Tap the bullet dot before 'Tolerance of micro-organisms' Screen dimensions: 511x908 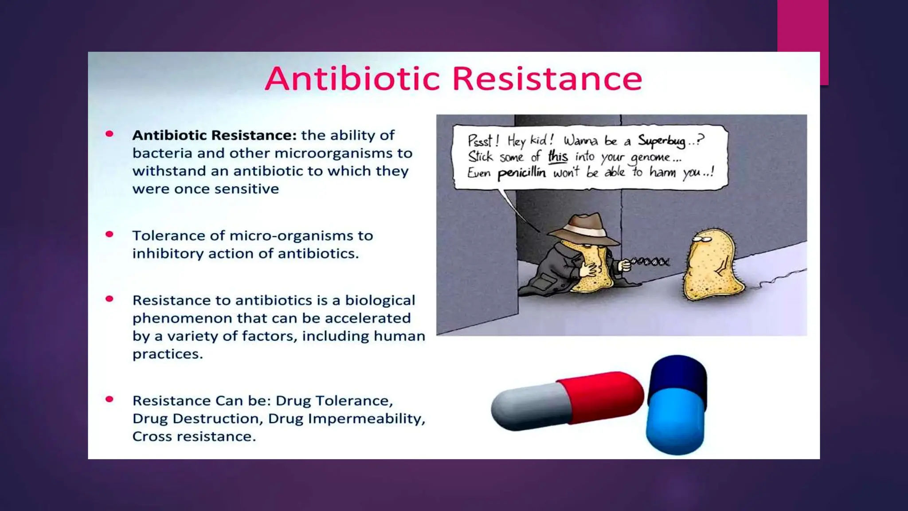pos(110,234)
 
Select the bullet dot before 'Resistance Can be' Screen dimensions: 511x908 pos(110,399)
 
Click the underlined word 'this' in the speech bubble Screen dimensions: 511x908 pos(558,157)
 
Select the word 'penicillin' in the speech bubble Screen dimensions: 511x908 pos(521,173)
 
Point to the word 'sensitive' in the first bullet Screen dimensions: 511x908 pos(249,189)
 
